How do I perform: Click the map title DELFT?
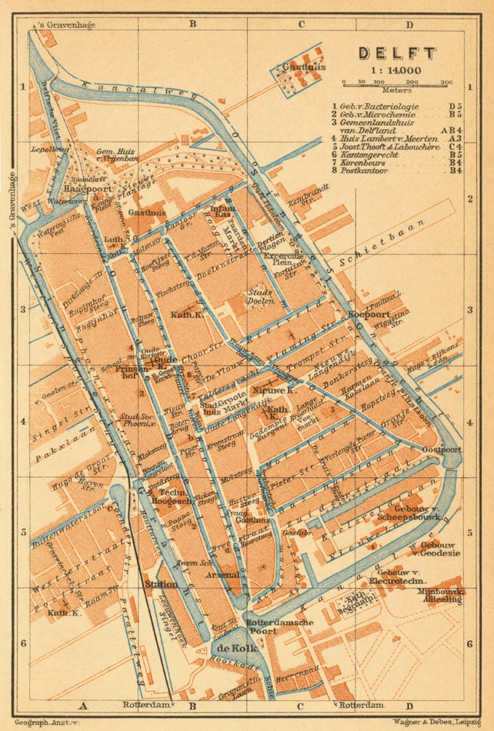tap(397, 54)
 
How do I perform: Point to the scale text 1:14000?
tap(396, 70)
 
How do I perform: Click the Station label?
tap(161, 584)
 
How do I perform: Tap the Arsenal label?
tap(219, 574)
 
